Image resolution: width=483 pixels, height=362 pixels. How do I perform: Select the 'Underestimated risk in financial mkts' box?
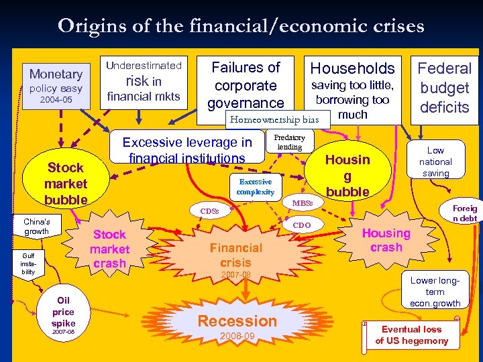(x=144, y=80)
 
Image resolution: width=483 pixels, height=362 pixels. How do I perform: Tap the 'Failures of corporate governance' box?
(x=246, y=84)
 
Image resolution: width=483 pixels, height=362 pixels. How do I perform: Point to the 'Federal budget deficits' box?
(x=444, y=87)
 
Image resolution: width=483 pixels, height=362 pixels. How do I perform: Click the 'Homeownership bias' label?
(x=274, y=120)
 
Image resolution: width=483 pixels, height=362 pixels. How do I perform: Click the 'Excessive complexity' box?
(x=255, y=186)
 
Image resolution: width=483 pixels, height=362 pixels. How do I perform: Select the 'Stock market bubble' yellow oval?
(x=66, y=183)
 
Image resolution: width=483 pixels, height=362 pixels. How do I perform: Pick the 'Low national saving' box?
(x=435, y=162)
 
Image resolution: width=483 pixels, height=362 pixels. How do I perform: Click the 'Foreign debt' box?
(x=464, y=213)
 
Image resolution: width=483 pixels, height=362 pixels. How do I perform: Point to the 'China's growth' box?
(x=36, y=227)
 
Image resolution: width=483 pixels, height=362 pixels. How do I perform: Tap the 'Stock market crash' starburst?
(x=110, y=248)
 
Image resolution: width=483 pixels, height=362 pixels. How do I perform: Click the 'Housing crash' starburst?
(x=386, y=240)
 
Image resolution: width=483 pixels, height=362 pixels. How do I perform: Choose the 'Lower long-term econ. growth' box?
(x=435, y=292)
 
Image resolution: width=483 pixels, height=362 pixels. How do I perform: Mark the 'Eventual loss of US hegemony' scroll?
(x=411, y=335)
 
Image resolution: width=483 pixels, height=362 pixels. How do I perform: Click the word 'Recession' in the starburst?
(x=237, y=320)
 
